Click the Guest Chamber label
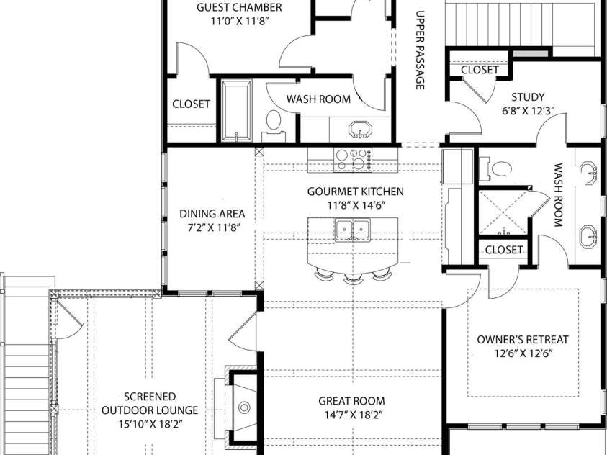pos(239,8)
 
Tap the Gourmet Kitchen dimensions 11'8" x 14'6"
pos(355,204)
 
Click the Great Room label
pos(351,401)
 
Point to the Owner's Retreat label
pos(523,340)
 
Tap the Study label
pos(527,97)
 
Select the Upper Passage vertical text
pos(420,50)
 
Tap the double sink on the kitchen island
pos(353,230)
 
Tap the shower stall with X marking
pos(505,213)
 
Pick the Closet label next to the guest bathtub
pos(191,104)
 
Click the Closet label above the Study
pos(479,70)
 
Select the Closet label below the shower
pos(503,249)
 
